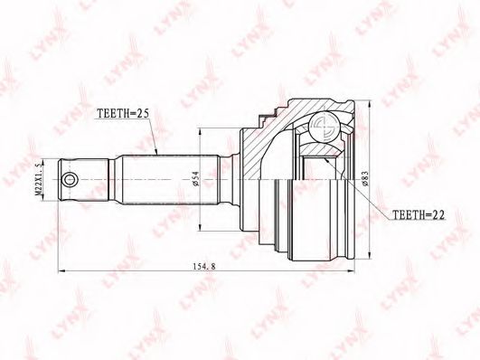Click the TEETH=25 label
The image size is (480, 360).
(x=123, y=113)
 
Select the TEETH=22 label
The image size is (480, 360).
(x=419, y=214)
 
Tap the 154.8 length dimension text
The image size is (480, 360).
(x=204, y=266)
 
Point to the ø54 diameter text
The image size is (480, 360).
(x=196, y=178)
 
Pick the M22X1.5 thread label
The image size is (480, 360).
(x=38, y=179)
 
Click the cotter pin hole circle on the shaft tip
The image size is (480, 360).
(x=70, y=179)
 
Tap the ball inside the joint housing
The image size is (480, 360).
(x=324, y=127)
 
